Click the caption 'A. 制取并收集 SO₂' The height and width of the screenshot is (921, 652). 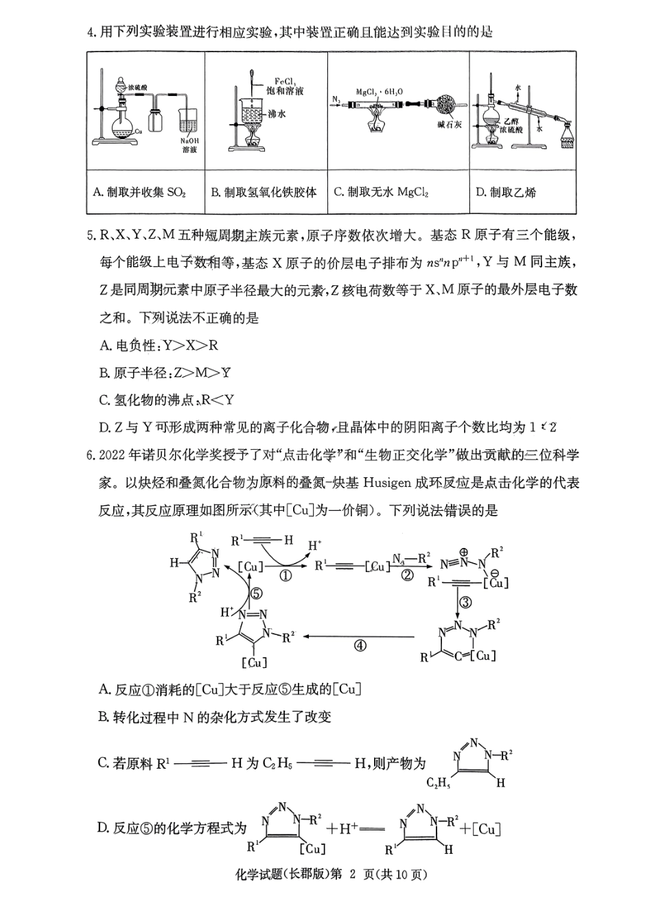tap(139, 192)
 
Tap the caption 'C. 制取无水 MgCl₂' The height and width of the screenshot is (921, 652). tap(381, 192)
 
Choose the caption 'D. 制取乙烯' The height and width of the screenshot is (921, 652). tap(506, 192)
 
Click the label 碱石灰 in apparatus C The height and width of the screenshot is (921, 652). tap(449, 125)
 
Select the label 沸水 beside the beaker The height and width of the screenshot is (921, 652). tap(277, 114)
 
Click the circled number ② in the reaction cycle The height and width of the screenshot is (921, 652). tap(407, 576)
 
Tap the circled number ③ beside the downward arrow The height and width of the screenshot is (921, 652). tap(465, 603)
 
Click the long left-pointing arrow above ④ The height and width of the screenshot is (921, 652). tap(359, 636)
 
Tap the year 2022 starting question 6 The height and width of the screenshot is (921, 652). tap(113, 456)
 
